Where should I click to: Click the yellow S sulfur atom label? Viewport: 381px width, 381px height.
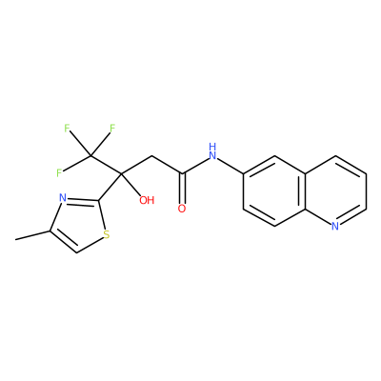point(107,235)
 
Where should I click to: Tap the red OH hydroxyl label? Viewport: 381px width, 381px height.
point(147,200)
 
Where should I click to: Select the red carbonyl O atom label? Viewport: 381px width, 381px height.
point(182,209)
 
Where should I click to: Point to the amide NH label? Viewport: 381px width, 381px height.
point(212,151)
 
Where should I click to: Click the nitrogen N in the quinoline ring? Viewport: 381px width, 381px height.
point(335,226)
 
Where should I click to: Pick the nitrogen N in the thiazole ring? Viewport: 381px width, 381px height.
point(63,198)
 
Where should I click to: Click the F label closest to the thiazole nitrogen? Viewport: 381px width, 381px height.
point(59,173)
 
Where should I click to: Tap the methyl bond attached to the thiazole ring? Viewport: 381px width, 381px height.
point(32,235)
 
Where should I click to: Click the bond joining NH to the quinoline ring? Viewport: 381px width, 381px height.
point(231,166)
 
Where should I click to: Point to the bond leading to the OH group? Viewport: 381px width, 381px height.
point(130,184)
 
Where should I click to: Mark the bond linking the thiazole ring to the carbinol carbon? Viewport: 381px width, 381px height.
point(110,187)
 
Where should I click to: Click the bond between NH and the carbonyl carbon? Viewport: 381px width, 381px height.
point(195,166)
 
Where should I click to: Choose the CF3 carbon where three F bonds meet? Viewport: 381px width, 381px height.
point(90,155)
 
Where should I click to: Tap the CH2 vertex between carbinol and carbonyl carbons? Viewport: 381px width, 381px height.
point(151,156)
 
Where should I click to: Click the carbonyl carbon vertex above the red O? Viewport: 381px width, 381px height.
point(182,173)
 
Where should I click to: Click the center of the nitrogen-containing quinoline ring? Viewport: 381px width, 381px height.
point(335,191)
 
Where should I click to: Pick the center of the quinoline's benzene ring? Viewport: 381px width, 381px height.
point(274,191)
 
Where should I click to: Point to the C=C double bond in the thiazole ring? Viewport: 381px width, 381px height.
point(64,242)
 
